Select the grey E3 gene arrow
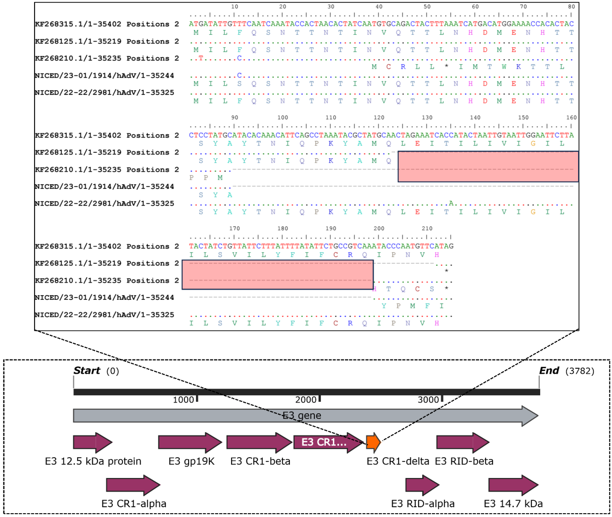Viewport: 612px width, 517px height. pos(305,416)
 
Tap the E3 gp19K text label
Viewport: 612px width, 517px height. pos(191,461)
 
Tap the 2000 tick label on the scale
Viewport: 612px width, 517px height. pos(305,400)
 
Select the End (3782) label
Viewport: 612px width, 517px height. pos(566,371)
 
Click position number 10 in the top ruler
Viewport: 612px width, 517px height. pos(234,6)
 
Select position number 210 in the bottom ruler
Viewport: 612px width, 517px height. pos(427,228)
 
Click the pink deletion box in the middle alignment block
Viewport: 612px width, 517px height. pos(488,166)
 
